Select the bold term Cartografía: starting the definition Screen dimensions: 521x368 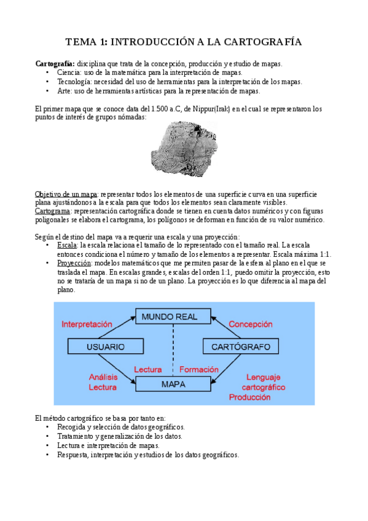(x=55, y=64)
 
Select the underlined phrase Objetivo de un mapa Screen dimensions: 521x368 (x=66, y=194)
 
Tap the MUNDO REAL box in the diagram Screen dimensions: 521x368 (x=169, y=317)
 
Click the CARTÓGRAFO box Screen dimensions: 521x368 (x=240, y=347)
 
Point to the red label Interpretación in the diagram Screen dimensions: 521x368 (x=87, y=324)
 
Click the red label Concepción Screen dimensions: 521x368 (x=251, y=324)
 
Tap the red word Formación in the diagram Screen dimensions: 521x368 (x=198, y=370)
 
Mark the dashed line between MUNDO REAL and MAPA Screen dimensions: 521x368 (x=173, y=350)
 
